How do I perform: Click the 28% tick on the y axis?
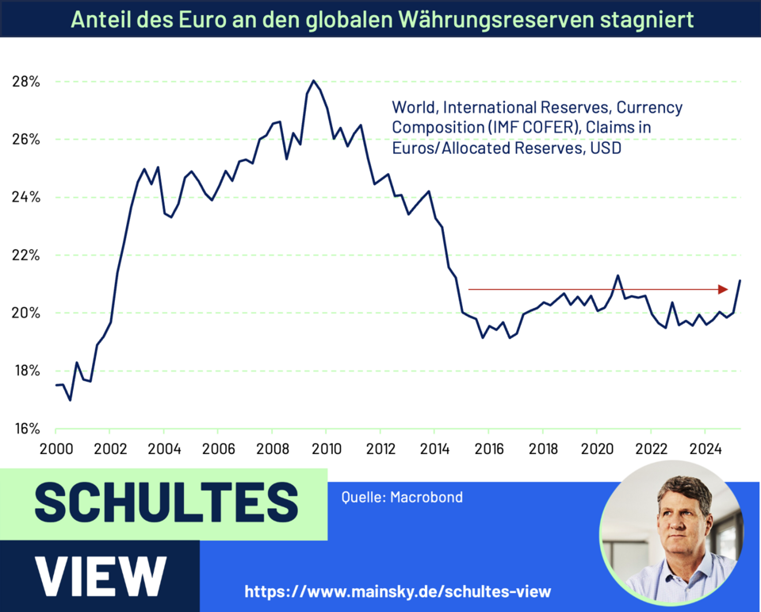coord(26,82)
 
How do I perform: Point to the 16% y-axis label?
coord(26,429)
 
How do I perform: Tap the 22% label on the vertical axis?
coord(26,256)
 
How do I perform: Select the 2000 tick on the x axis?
coord(55,446)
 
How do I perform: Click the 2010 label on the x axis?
coord(326,446)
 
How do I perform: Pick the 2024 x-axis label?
coord(706,446)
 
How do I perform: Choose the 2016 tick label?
coord(488,446)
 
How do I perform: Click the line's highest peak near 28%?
coord(313,80)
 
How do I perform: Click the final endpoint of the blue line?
coord(740,280)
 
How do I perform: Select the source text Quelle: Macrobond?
coord(402,498)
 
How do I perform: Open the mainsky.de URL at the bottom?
coord(397,591)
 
